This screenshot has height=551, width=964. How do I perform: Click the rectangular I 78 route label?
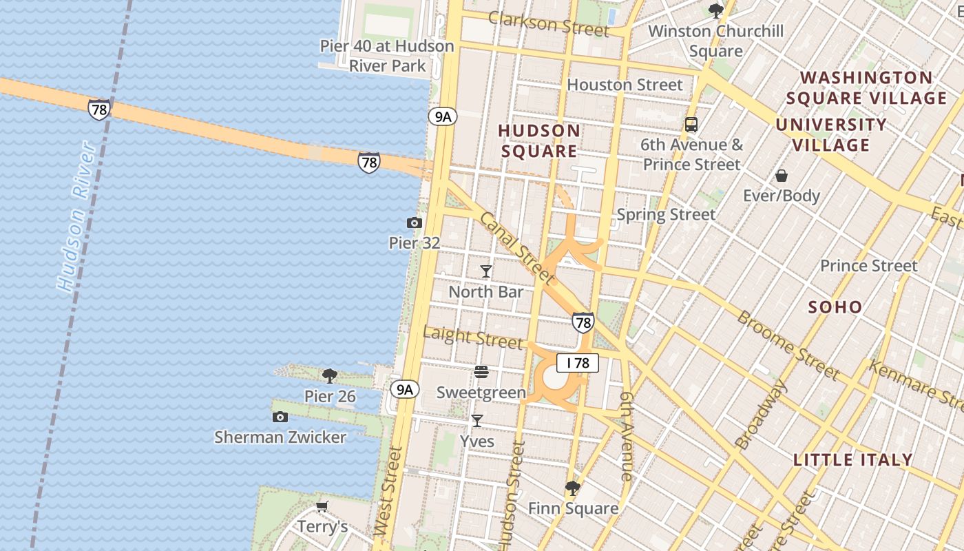click(x=578, y=363)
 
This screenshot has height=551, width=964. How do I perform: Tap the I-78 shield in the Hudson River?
click(x=98, y=109)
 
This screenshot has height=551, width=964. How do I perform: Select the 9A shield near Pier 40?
click(x=442, y=116)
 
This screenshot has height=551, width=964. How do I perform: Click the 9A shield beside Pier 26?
click(x=404, y=389)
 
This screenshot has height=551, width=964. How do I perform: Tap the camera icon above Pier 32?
click(x=415, y=222)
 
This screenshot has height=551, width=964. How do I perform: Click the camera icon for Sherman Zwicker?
click(x=280, y=417)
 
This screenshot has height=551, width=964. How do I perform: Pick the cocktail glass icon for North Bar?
click(x=486, y=271)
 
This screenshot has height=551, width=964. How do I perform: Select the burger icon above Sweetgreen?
click(x=481, y=373)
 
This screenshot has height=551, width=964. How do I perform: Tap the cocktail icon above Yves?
click(x=476, y=420)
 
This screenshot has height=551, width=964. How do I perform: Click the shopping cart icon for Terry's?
click(x=322, y=507)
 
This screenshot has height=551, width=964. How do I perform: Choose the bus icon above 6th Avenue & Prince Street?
click(x=691, y=125)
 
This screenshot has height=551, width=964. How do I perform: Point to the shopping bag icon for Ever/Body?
click(x=782, y=176)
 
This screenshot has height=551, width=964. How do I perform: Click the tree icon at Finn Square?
click(x=572, y=488)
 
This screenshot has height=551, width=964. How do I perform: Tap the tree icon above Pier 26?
click(x=330, y=376)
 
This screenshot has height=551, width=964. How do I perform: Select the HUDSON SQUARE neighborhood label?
click(x=539, y=141)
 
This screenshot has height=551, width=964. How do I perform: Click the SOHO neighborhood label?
click(x=835, y=307)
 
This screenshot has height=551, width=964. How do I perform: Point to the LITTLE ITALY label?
click(x=853, y=459)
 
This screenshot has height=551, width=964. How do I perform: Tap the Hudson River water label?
click(x=75, y=217)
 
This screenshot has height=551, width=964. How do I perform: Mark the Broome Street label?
click(x=788, y=346)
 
